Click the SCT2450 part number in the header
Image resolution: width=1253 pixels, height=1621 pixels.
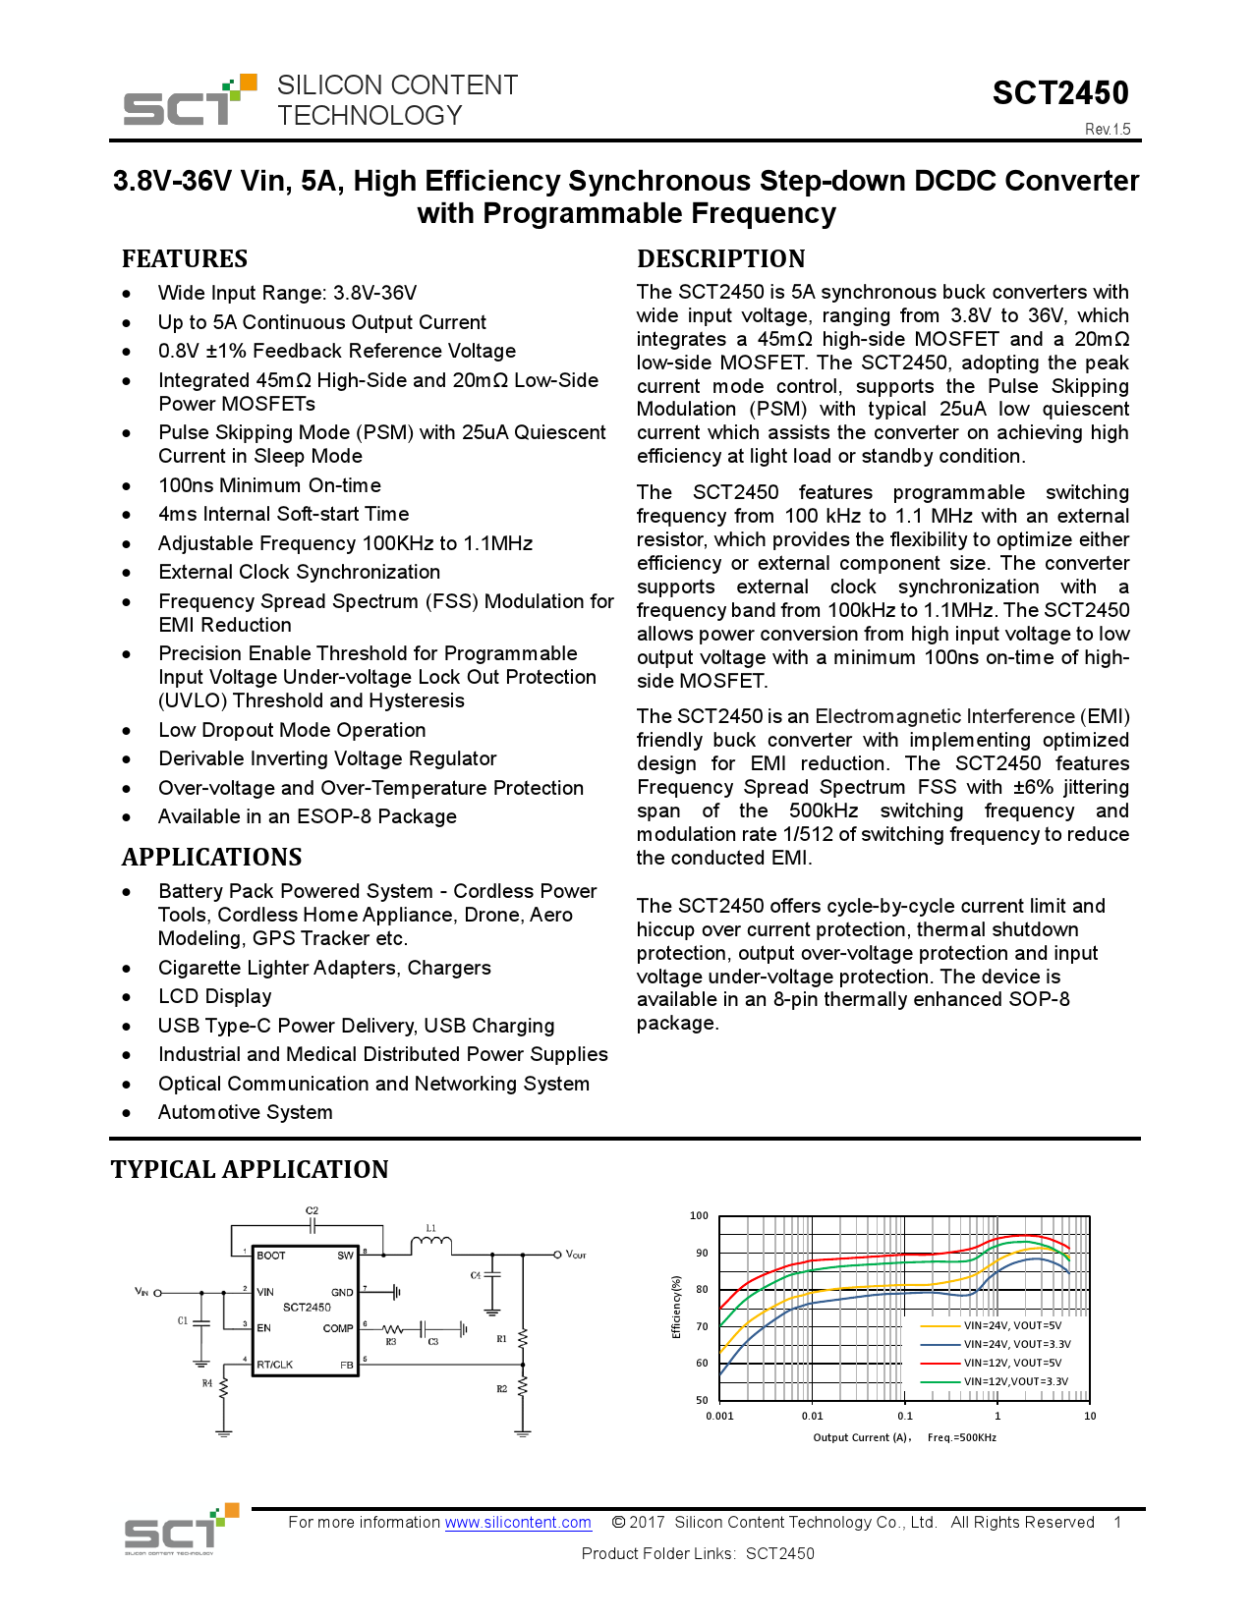coord(1059,93)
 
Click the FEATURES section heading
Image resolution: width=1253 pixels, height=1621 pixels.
coord(185,259)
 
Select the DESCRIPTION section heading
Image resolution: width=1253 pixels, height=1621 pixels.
coord(720,259)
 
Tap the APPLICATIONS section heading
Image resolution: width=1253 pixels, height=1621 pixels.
coord(211,858)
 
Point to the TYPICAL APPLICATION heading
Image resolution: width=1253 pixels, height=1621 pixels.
coord(250,1169)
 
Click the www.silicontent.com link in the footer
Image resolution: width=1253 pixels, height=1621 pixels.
coord(518,1523)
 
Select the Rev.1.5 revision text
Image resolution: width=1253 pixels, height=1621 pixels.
coord(1108,130)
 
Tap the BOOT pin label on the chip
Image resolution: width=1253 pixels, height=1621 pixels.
coord(270,1256)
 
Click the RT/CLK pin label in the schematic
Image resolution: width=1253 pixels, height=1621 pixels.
coord(275,1365)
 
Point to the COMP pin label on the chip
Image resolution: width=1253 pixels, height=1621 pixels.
coord(337,1328)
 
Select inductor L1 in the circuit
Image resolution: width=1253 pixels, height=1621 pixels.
coord(430,1244)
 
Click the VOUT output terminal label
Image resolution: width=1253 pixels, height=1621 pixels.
coord(576,1255)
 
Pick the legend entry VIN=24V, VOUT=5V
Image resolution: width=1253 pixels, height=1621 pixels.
coord(1012,1326)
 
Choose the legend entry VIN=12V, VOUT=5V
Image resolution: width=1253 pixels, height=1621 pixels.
coord(1012,1364)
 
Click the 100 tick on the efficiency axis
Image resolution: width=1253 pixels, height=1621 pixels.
coord(699,1216)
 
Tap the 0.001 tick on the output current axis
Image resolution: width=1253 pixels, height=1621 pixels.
coord(719,1417)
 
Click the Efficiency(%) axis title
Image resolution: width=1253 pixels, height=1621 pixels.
coord(676,1308)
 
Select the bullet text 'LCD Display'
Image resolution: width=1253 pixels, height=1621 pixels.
coord(214,997)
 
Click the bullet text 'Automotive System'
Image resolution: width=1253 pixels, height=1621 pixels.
coord(245,1113)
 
